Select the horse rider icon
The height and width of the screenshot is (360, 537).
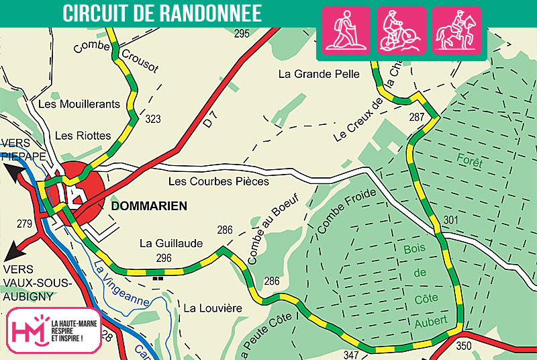(x=456, y=30)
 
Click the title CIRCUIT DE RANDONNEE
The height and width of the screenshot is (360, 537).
(x=162, y=14)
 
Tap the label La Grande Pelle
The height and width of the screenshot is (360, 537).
(x=319, y=74)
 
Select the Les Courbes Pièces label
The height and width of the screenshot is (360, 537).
(x=219, y=181)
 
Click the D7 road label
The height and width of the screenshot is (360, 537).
(x=211, y=121)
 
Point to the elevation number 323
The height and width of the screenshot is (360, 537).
(x=153, y=120)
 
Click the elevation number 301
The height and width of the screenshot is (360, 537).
(x=451, y=220)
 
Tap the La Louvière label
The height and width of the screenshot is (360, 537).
(x=212, y=308)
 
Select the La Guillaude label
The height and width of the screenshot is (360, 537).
(x=170, y=243)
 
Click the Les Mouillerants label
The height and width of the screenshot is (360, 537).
(x=79, y=104)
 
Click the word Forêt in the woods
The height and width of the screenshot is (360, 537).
(x=469, y=161)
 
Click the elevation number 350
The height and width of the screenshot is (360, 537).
(x=464, y=346)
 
